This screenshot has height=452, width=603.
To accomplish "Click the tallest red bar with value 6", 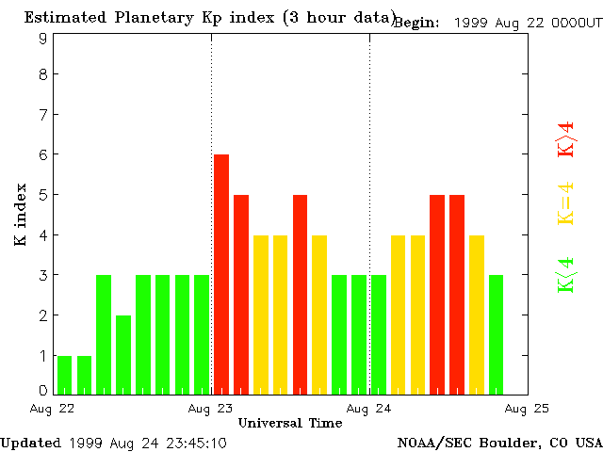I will click(221, 273).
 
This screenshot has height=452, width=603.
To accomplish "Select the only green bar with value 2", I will click(123, 354).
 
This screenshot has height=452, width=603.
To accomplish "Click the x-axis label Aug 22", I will click(54, 409).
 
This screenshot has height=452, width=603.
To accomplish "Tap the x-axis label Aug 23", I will click(211, 409).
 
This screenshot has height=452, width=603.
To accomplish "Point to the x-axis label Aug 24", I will click(369, 409).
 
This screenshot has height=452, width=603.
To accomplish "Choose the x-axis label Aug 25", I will click(527, 409).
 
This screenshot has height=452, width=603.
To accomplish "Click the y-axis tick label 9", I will click(43, 39).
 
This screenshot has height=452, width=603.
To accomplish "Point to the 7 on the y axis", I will click(43, 114).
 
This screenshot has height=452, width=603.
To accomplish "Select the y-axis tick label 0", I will click(43, 390).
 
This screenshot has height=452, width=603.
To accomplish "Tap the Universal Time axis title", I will click(290, 424).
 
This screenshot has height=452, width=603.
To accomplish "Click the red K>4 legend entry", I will click(565, 138).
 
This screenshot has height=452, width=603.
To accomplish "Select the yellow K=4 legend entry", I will click(565, 203).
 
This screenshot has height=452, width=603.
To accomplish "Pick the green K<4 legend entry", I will click(565, 274).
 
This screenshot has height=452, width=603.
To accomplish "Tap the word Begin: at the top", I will click(416, 23).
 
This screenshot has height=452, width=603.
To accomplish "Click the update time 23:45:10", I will click(194, 443).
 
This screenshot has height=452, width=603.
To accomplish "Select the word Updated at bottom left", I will click(30, 443).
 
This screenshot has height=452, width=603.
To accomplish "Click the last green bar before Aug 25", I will click(497, 334).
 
